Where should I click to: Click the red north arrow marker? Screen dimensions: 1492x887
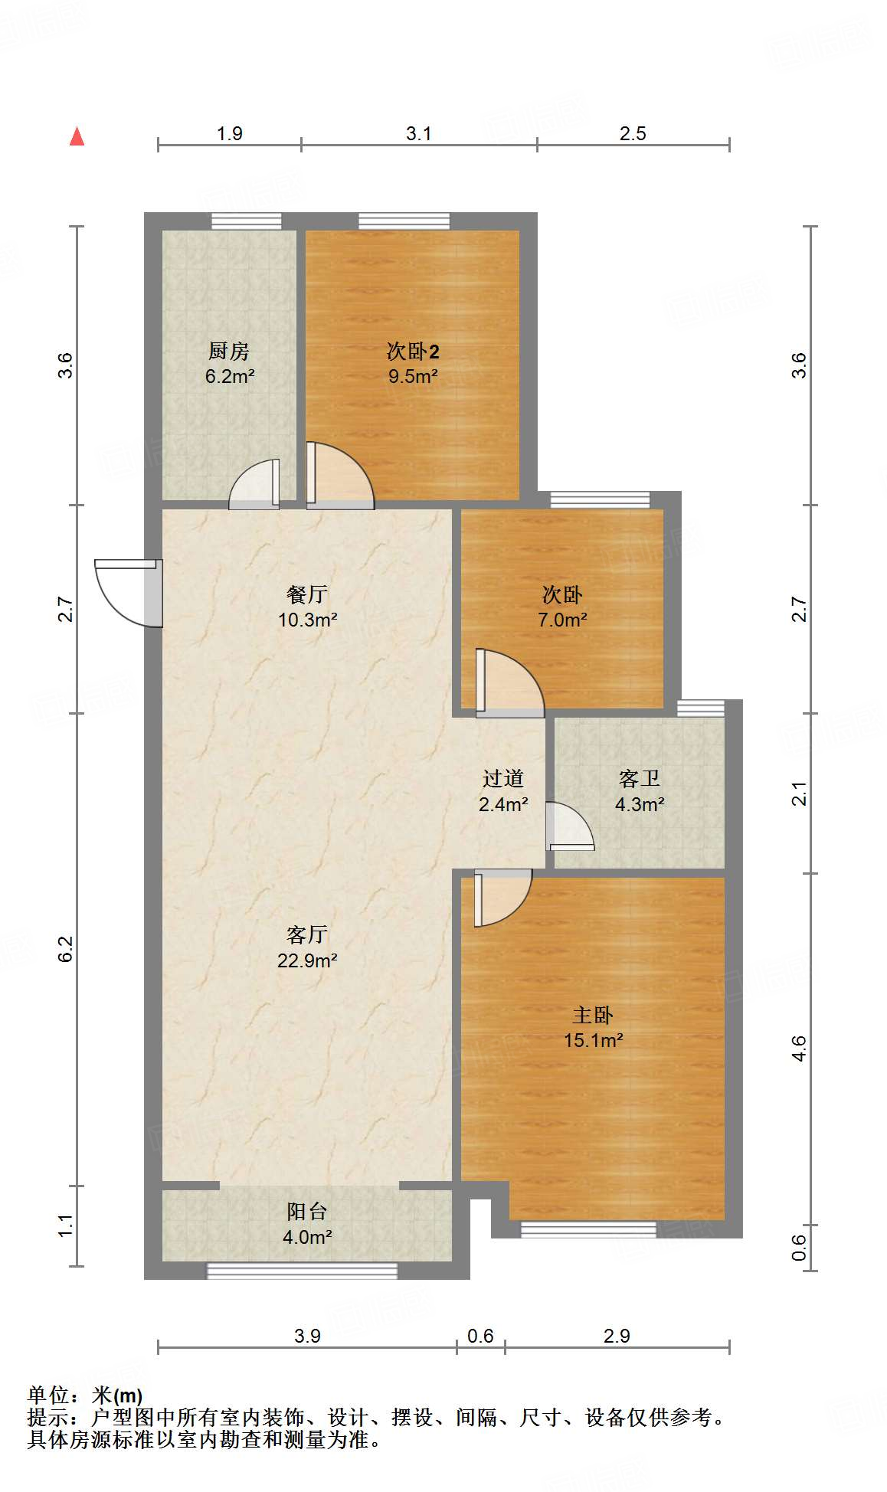[77, 136]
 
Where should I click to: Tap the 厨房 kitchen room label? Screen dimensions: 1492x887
[229, 351]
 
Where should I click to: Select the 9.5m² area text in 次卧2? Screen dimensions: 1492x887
[413, 376]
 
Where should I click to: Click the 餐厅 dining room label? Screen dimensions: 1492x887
[307, 594]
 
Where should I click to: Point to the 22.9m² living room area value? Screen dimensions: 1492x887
[307, 960]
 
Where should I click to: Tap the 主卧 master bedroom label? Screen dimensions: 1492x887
[592, 1015]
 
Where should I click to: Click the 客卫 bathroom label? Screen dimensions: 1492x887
[639, 779]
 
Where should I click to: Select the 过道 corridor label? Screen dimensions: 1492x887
[502, 779]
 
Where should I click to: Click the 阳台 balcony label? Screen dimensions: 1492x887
[307, 1211]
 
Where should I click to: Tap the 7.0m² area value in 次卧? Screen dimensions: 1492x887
[562, 620]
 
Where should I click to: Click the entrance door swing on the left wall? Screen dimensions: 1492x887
[126, 592]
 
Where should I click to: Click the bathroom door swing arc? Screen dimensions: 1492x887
[569, 826]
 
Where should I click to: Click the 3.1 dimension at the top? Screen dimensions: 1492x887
[418, 134]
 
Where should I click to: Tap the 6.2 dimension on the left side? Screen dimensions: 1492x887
[66, 949]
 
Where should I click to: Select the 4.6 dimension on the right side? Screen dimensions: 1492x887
[799, 1047]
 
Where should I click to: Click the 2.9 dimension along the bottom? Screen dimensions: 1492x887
[617, 1337]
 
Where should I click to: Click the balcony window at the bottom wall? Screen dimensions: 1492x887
[302, 1271]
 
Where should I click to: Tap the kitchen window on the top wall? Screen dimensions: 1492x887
[246, 221]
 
